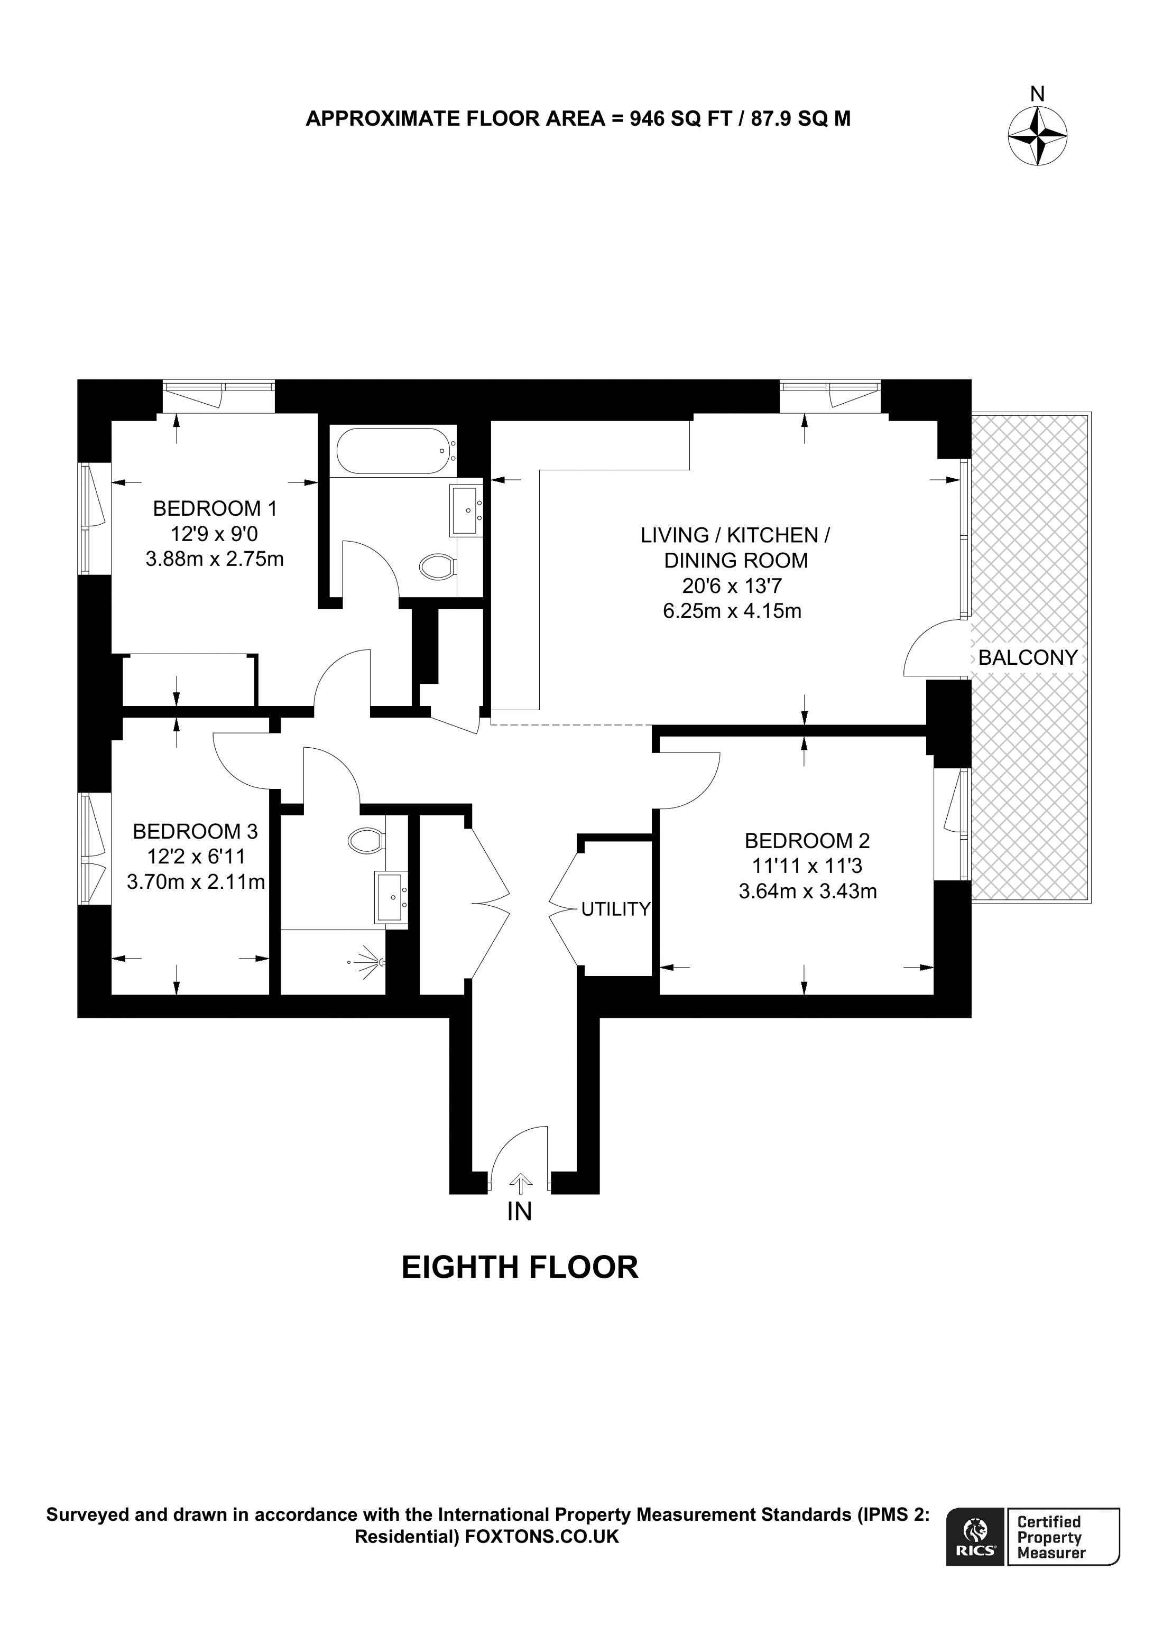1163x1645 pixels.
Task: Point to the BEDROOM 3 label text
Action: tap(195, 831)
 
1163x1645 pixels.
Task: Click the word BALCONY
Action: tap(1028, 658)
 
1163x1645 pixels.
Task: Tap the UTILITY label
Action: tap(615, 909)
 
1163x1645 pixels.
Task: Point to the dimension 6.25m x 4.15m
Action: tap(732, 611)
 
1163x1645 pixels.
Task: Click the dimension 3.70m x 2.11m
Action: tap(196, 882)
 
